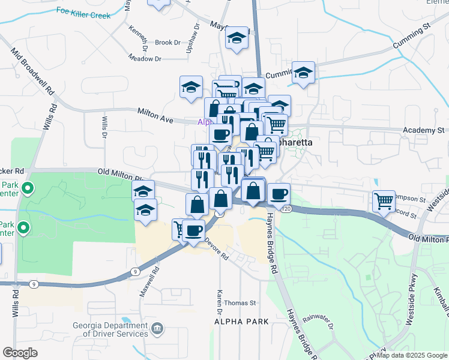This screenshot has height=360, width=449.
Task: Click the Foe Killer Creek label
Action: pos(83,11)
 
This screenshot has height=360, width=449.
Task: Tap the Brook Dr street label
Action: pos(167,43)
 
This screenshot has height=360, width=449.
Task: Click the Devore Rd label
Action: pos(217,248)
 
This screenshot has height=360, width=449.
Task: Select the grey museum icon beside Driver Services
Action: pos(157,328)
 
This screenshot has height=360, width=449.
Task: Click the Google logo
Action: pos(20,353)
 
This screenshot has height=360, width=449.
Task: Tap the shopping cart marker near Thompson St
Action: pos(384,201)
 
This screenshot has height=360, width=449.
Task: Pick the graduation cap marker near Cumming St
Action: pos(304,73)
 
